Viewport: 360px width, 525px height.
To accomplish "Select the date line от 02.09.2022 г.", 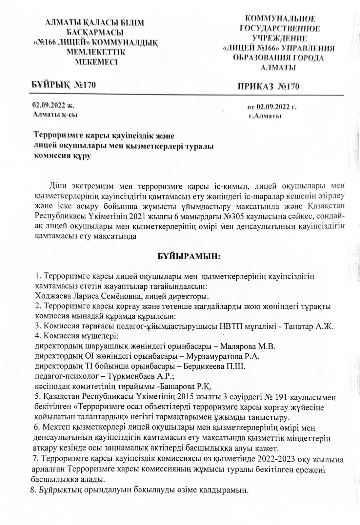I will (272, 107).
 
